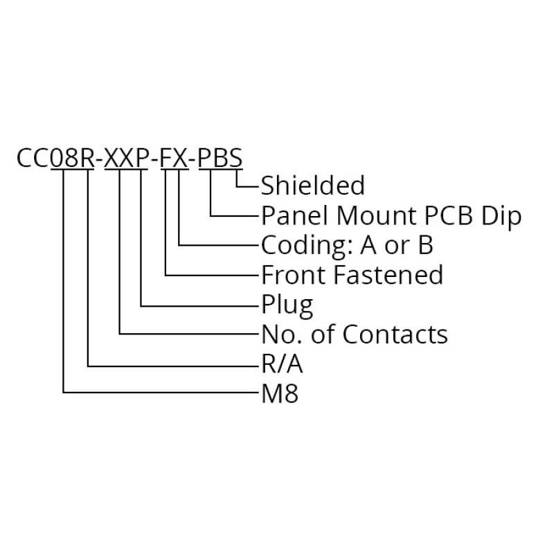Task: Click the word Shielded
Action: pos(313,186)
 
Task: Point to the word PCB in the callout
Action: pos(448,215)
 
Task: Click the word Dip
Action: pos(501,216)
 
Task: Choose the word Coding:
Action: pos(306,247)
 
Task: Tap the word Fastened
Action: pos(388,275)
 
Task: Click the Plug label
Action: pos(287,306)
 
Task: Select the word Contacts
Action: pos(395,334)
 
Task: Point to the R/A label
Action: pos(282,364)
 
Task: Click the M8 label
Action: pos(280,393)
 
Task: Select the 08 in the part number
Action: pos(64,158)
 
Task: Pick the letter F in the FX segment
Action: pos(167,158)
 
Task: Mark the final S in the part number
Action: pos(235,158)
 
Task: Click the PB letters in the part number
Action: pos(213,158)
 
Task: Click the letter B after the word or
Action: pos(426,245)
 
